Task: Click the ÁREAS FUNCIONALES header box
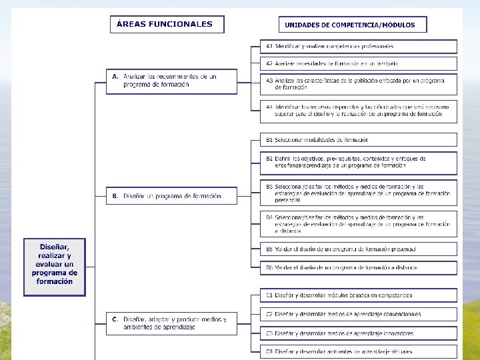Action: (x=167, y=24)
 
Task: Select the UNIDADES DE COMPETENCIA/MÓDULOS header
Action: (x=352, y=25)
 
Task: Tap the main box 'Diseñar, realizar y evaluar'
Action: (x=55, y=267)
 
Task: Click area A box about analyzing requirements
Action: (x=171, y=81)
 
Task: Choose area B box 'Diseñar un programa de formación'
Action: (x=171, y=196)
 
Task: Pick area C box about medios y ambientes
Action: (x=171, y=323)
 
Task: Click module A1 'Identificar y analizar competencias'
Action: (x=359, y=47)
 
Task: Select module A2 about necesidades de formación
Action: (x=359, y=63)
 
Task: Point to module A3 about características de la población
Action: (x=359, y=84)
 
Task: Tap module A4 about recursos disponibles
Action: (x=359, y=110)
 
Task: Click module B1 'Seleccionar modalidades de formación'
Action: (x=359, y=140)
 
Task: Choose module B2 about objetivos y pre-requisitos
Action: (x=359, y=162)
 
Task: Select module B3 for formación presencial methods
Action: (x=359, y=193)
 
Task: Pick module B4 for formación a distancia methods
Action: (x=359, y=224)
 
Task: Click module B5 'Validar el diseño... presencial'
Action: (x=359, y=249)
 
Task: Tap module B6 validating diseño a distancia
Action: (x=359, y=267)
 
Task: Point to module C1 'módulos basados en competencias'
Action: (x=359, y=295)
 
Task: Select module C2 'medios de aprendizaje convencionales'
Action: (x=359, y=314)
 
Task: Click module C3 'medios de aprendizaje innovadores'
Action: (x=359, y=333)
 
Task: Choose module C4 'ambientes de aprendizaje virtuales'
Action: (x=359, y=351)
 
